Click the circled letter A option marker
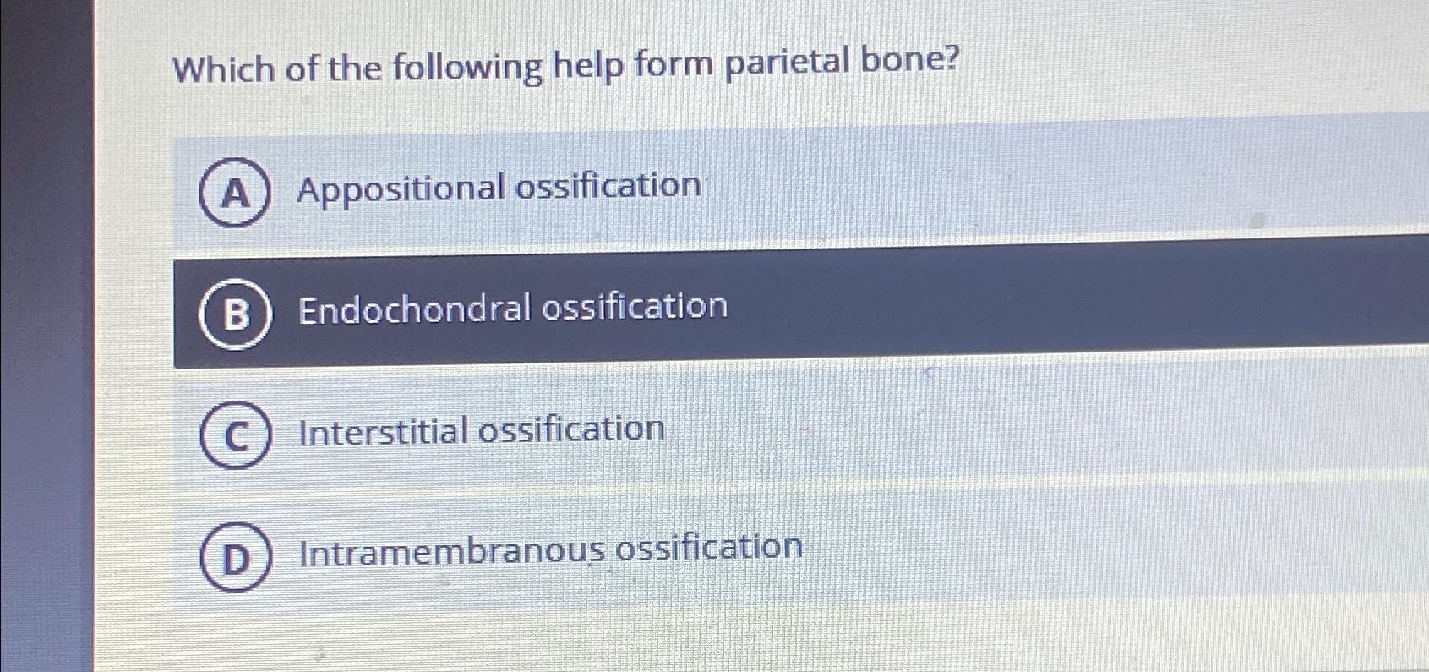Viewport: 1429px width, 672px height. [x=235, y=193]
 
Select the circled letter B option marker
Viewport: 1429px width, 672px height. [x=236, y=314]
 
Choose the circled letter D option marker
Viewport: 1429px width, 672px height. [x=236, y=557]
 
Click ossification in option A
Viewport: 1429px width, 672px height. [x=608, y=185]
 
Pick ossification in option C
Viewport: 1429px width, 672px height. [x=572, y=429]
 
